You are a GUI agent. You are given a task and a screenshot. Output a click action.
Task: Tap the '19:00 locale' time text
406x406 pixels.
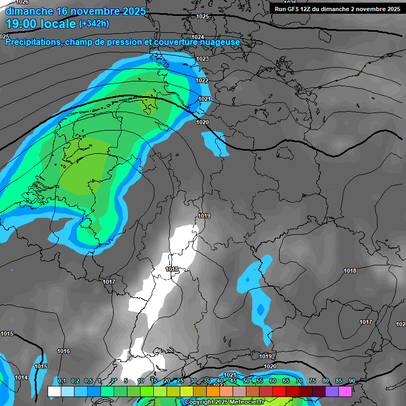click(x=40, y=23)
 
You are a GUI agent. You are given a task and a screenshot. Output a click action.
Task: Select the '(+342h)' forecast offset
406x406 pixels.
click(x=95, y=24)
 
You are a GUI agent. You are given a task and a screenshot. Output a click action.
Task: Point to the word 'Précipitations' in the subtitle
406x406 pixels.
click(x=33, y=42)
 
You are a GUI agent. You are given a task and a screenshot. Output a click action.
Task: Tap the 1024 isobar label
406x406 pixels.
click(x=198, y=37)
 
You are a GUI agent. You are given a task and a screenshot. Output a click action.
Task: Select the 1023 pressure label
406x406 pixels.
click(x=202, y=59)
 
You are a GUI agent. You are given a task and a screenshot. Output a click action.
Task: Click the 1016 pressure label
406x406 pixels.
click(x=63, y=351)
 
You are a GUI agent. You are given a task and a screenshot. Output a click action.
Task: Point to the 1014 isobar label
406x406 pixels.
click(x=21, y=377)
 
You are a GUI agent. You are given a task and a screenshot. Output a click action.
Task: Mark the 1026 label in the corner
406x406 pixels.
click(x=22, y=3)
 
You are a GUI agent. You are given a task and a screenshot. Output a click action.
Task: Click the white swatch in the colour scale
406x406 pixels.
click(x=54, y=391)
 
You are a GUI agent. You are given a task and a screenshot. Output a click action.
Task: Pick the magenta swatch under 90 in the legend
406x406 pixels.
click(x=345, y=391)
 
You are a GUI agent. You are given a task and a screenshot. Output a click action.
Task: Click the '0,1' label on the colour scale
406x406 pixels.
click(x=62, y=381)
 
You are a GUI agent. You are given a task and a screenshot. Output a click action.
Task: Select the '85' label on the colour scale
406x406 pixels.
click(x=339, y=381)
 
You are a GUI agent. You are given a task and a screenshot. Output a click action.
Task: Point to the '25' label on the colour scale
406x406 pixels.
click(x=180, y=381)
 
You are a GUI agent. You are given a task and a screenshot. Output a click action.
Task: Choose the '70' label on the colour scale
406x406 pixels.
click(x=299, y=381)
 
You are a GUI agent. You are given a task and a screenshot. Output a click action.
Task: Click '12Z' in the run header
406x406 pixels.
click(x=309, y=9)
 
